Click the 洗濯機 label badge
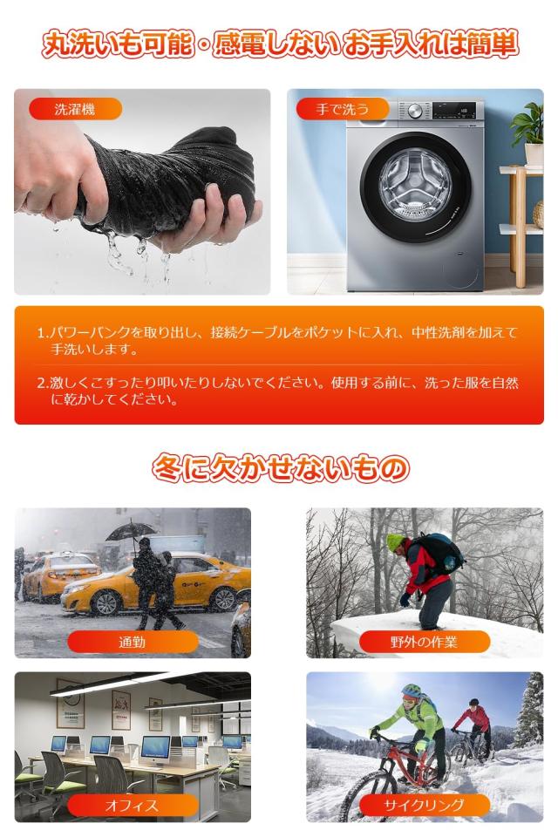click(75, 110)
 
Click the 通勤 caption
click(133, 643)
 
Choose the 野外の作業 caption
click(424, 643)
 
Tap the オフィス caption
click(133, 806)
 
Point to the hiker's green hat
click(397, 542)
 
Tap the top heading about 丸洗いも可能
click(280, 44)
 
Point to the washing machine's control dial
click(415, 112)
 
